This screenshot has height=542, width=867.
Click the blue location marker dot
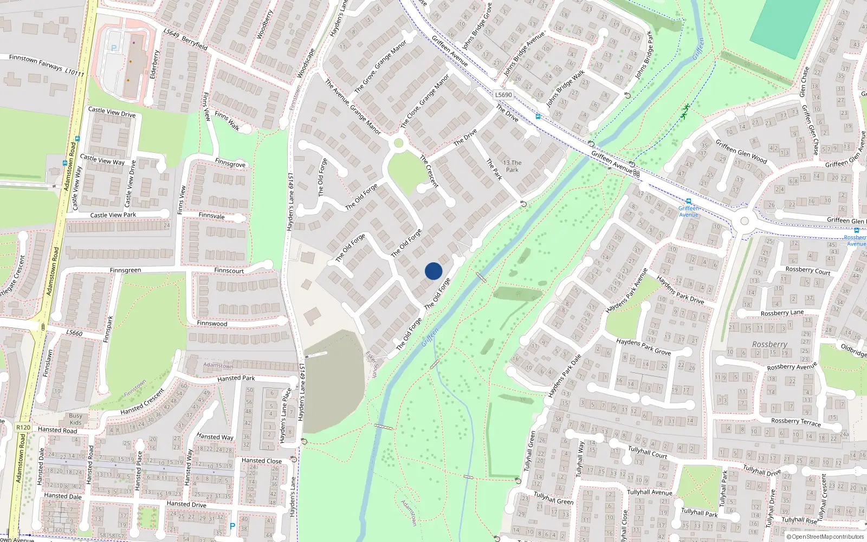click(x=433, y=271)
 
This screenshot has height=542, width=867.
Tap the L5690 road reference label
click(x=503, y=95)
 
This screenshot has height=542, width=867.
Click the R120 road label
click(x=23, y=427)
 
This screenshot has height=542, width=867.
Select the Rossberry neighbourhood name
click(x=769, y=344)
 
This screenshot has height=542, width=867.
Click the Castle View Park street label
click(x=113, y=215)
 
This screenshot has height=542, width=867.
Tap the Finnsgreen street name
click(x=125, y=270)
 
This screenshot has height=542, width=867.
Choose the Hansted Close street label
click(x=262, y=461)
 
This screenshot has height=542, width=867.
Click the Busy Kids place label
click(x=76, y=419)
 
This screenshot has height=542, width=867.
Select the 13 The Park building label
click(x=512, y=166)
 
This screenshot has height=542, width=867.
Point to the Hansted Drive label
click(x=186, y=504)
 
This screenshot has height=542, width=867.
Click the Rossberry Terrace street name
click(x=795, y=422)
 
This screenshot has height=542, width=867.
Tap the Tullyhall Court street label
click(x=648, y=451)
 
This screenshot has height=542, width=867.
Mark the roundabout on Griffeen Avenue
click(x=744, y=221)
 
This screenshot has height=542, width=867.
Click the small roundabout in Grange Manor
click(x=399, y=143)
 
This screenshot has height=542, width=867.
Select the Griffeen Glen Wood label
click(x=741, y=151)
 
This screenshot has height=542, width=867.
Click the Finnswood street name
click(x=212, y=324)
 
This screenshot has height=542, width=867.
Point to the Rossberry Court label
click(x=807, y=270)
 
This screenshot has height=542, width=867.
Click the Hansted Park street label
click(x=236, y=378)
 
